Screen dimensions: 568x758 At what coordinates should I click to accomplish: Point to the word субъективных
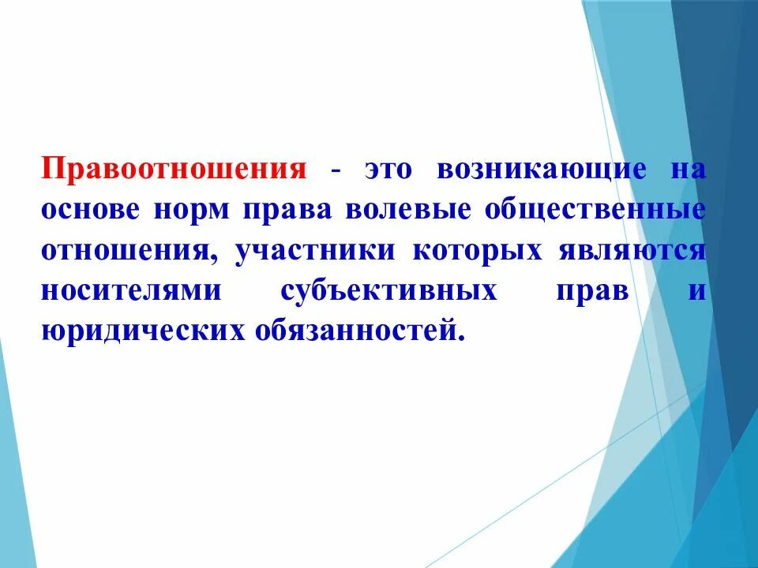tap(389, 290)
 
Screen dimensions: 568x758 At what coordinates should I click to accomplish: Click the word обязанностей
tap(354, 330)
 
